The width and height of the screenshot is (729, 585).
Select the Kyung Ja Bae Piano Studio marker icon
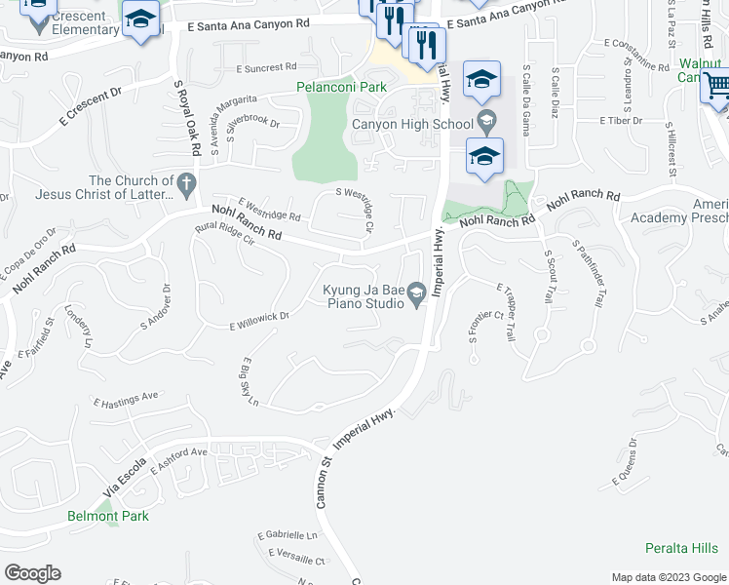coord(416,292)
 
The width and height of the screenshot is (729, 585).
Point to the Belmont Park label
coord(108,516)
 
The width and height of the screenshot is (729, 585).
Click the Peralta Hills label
coord(681,548)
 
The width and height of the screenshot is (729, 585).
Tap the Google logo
coord(32,573)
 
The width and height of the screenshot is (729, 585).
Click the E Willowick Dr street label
coord(259,321)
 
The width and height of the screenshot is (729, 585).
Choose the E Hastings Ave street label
coord(125,399)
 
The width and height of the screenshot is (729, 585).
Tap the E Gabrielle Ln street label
coord(288,536)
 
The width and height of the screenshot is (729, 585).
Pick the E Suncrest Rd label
coord(266,68)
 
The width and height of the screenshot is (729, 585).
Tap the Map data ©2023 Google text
coord(668,577)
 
